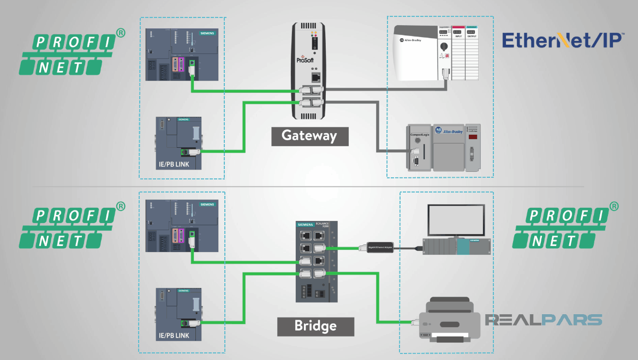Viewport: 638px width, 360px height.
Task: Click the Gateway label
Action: point(309,136)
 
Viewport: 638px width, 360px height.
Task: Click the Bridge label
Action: point(315,326)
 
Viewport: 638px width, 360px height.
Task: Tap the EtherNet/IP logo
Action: point(563,41)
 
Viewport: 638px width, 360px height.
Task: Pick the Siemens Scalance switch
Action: point(317,261)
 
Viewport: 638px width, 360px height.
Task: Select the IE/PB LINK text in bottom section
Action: point(172,335)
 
